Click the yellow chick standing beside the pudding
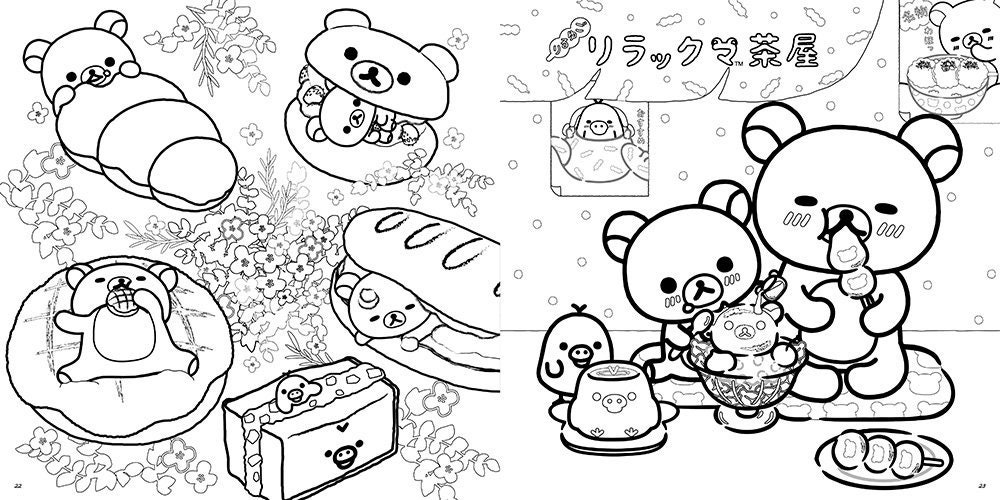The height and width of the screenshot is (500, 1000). tap(574, 355)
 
